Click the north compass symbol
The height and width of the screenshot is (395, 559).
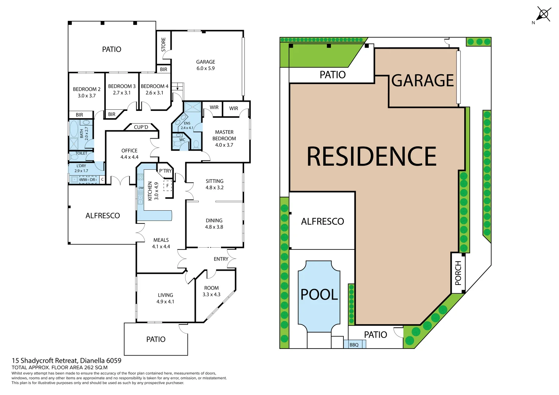coord(543,15)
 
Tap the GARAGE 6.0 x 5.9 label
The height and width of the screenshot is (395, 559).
coord(205,65)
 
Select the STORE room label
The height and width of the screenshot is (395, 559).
coord(163,45)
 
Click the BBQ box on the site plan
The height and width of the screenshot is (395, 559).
coord(354,345)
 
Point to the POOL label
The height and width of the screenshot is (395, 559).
coord(319,294)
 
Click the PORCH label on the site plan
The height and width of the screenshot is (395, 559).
coord(458,273)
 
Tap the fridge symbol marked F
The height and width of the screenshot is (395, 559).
coord(168,185)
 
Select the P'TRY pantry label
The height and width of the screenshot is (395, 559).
coord(165,171)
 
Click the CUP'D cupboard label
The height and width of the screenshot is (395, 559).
coord(141,127)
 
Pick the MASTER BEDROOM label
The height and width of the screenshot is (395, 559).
coord(224,138)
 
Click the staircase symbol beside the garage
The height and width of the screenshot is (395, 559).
coord(178,87)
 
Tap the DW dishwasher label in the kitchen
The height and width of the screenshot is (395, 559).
coord(141,188)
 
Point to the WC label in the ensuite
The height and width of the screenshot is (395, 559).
coord(182,140)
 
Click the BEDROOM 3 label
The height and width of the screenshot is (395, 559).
coord(122,89)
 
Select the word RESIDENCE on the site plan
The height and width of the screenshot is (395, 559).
coord(371,157)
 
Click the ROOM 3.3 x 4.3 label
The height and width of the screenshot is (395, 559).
coord(211,291)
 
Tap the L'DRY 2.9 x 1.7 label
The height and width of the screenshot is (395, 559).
coord(81,168)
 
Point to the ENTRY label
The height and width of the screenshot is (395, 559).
coord(221,259)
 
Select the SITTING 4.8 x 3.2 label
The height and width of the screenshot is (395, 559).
coord(214,184)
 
